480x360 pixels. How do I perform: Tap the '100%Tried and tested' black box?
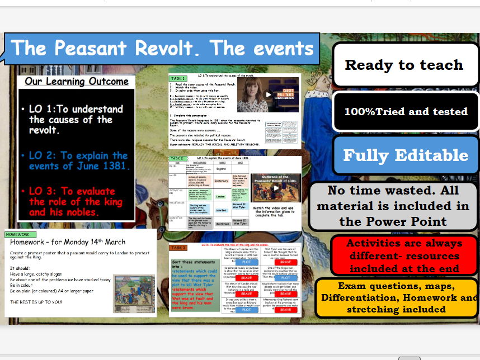pos(406,111)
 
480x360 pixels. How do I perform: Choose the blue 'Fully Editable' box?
pos(406,155)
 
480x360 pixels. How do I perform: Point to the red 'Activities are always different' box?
pos(404,255)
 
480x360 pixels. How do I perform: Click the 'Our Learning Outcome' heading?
pos(77,82)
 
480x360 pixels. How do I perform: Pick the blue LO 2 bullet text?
pos(78,160)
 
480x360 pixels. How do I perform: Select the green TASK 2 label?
pos(177,159)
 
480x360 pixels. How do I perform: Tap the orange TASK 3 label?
pos(177,248)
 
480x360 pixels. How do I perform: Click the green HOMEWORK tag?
pos(17,234)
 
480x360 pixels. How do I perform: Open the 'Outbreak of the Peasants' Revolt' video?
pos(275,188)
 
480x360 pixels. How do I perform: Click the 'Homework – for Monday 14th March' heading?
pos(68,242)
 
